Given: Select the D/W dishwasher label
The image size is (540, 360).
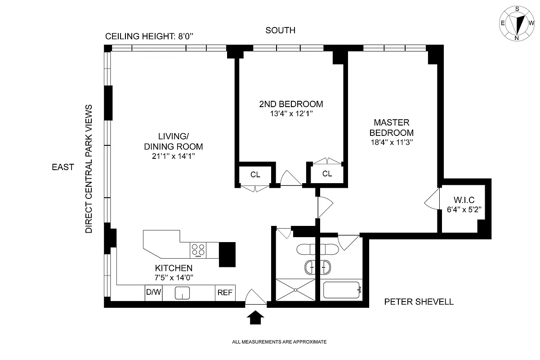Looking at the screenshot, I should pyautogui.click(x=153, y=292).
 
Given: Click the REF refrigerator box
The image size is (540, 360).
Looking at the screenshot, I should pyautogui.click(x=225, y=292).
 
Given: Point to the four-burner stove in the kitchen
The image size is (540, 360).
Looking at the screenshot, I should pyautogui.click(x=198, y=250).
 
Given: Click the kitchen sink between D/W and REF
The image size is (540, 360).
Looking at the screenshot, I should pyautogui.click(x=182, y=293).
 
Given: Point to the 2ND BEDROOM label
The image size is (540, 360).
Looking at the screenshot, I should pyautogui.click(x=291, y=104).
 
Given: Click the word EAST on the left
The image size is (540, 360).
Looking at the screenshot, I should pyautogui.click(x=63, y=167).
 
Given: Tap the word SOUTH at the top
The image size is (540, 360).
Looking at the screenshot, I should pyautogui.click(x=280, y=31).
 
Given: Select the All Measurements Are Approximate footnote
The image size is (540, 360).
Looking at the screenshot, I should pyautogui.click(x=279, y=342).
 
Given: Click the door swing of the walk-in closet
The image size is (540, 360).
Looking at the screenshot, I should pyautogui.click(x=432, y=199).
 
